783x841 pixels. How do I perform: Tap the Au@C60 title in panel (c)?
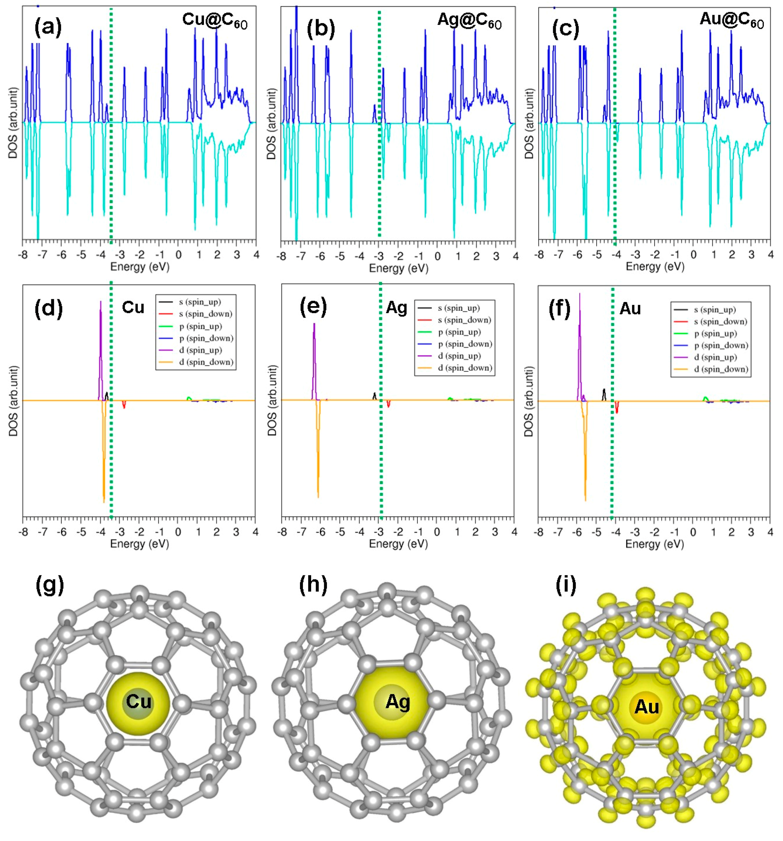point(731,21)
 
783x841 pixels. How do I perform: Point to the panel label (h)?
point(313,585)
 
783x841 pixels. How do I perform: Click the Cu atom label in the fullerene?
point(138,701)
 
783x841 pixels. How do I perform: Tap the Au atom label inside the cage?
point(646,706)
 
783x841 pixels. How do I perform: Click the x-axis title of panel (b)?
point(398,268)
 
